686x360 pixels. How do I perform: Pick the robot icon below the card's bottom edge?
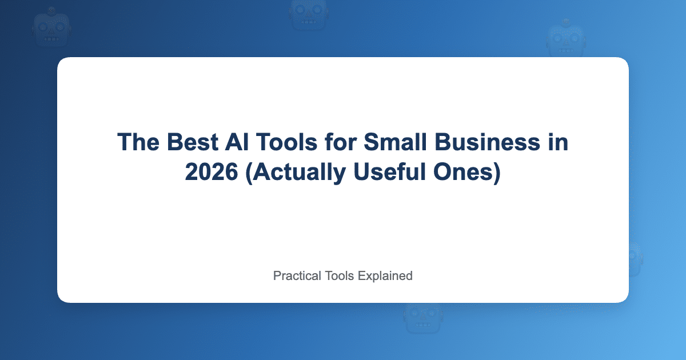point(422,318)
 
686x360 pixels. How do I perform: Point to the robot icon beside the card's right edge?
point(635,257)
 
